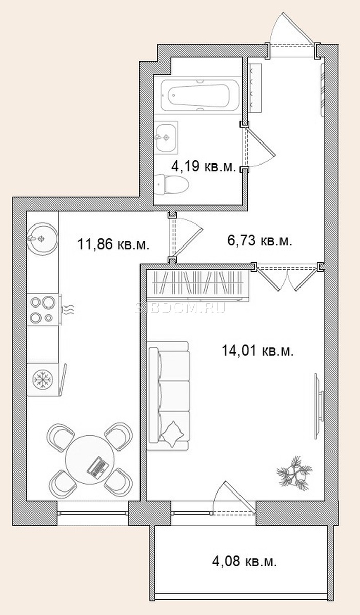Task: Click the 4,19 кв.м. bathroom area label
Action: pos(204,167)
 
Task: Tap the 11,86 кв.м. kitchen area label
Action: pos(113,244)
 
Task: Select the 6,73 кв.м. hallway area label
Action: pos(259,241)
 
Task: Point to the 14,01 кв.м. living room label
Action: pos(258,351)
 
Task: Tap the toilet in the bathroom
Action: pos(171,184)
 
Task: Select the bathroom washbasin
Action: pos(166,137)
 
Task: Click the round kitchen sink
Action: pos(43,238)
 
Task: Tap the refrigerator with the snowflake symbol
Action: pos(43,379)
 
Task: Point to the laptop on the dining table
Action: pos(97,468)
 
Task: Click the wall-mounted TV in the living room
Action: pos(319,406)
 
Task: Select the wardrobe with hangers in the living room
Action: pos(198,285)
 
